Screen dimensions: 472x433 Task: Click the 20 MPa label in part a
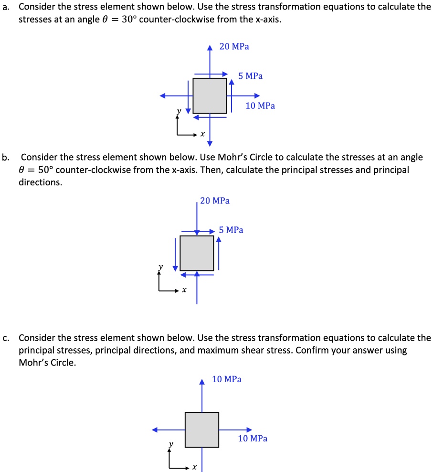click(x=234, y=46)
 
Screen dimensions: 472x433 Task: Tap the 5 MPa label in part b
click(x=231, y=230)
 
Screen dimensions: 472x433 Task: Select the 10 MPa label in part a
click(x=260, y=106)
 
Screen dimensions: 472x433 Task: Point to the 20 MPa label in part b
click(x=215, y=201)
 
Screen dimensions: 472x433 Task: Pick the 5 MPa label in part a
click(x=251, y=76)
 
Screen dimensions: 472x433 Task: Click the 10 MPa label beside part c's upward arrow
click(x=227, y=379)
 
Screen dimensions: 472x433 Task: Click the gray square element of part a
click(x=210, y=96)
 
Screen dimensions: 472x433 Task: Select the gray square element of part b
click(x=197, y=253)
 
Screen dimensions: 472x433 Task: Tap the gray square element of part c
click(x=202, y=429)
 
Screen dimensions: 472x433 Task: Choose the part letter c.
click(x=5, y=338)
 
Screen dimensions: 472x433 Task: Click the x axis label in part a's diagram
click(x=202, y=135)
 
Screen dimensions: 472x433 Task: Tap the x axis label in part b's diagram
click(x=184, y=290)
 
